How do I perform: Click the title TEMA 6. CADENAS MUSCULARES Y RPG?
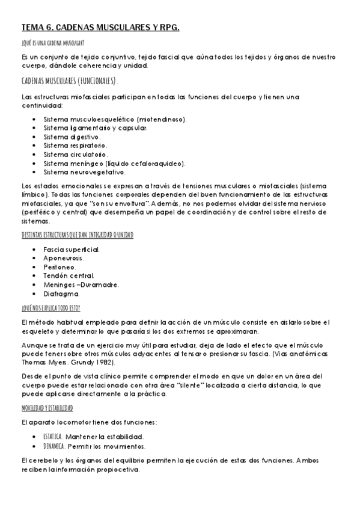point(100,28)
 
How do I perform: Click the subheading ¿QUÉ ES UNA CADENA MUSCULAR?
point(52,43)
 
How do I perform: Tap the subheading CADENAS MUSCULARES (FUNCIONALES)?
point(69,81)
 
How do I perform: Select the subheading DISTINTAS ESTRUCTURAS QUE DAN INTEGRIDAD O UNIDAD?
point(77,235)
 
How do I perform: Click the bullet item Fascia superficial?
point(72,249)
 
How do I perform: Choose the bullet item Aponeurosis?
point(64,258)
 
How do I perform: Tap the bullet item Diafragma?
point(61,294)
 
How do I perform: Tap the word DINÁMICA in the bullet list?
point(54,446)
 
